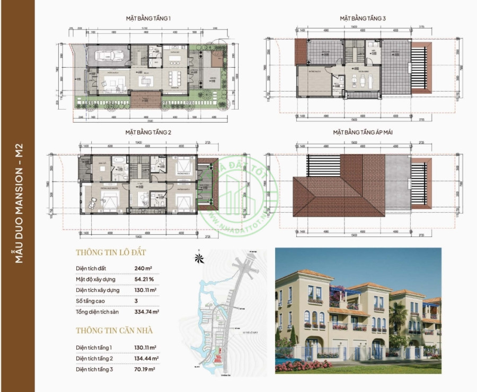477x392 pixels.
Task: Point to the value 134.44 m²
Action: coord(147,358)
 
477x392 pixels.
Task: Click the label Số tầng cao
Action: coord(90,301)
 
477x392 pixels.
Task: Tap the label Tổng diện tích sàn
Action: coord(99,312)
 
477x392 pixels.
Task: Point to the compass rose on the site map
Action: coord(199,258)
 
